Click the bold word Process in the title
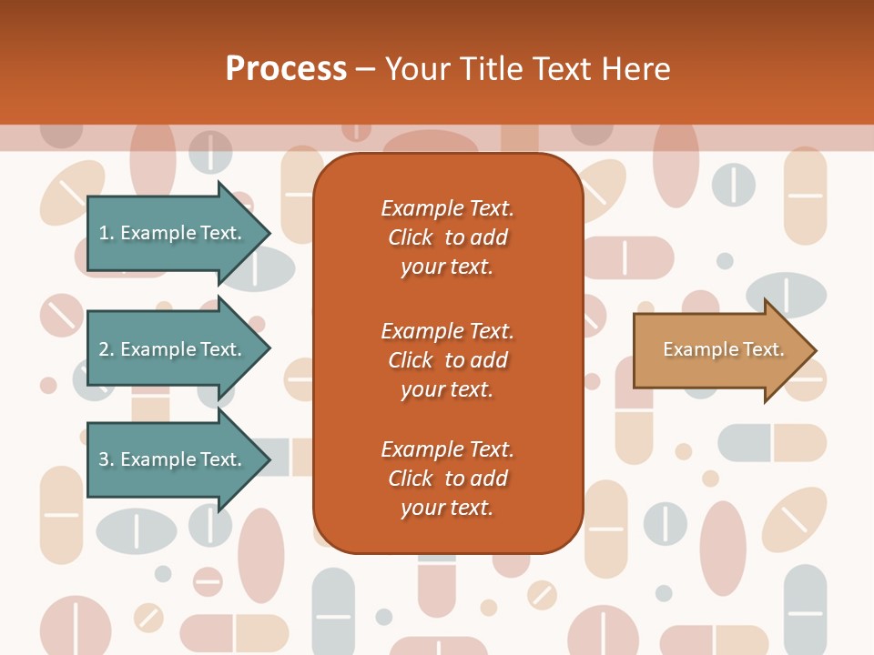(x=286, y=69)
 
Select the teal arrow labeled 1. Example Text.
(x=173, y=233)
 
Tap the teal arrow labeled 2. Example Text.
(x=173, y=349)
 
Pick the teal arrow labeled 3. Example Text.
(x=173, y=459)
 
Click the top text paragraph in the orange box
(x=447, y=237)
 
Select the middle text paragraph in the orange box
(x=447, y=359)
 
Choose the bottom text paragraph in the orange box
(x=447, y=479)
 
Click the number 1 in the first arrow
(x=104, y=233)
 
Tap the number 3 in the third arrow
(x=104, y=459)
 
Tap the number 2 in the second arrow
(x=104, y=349)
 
